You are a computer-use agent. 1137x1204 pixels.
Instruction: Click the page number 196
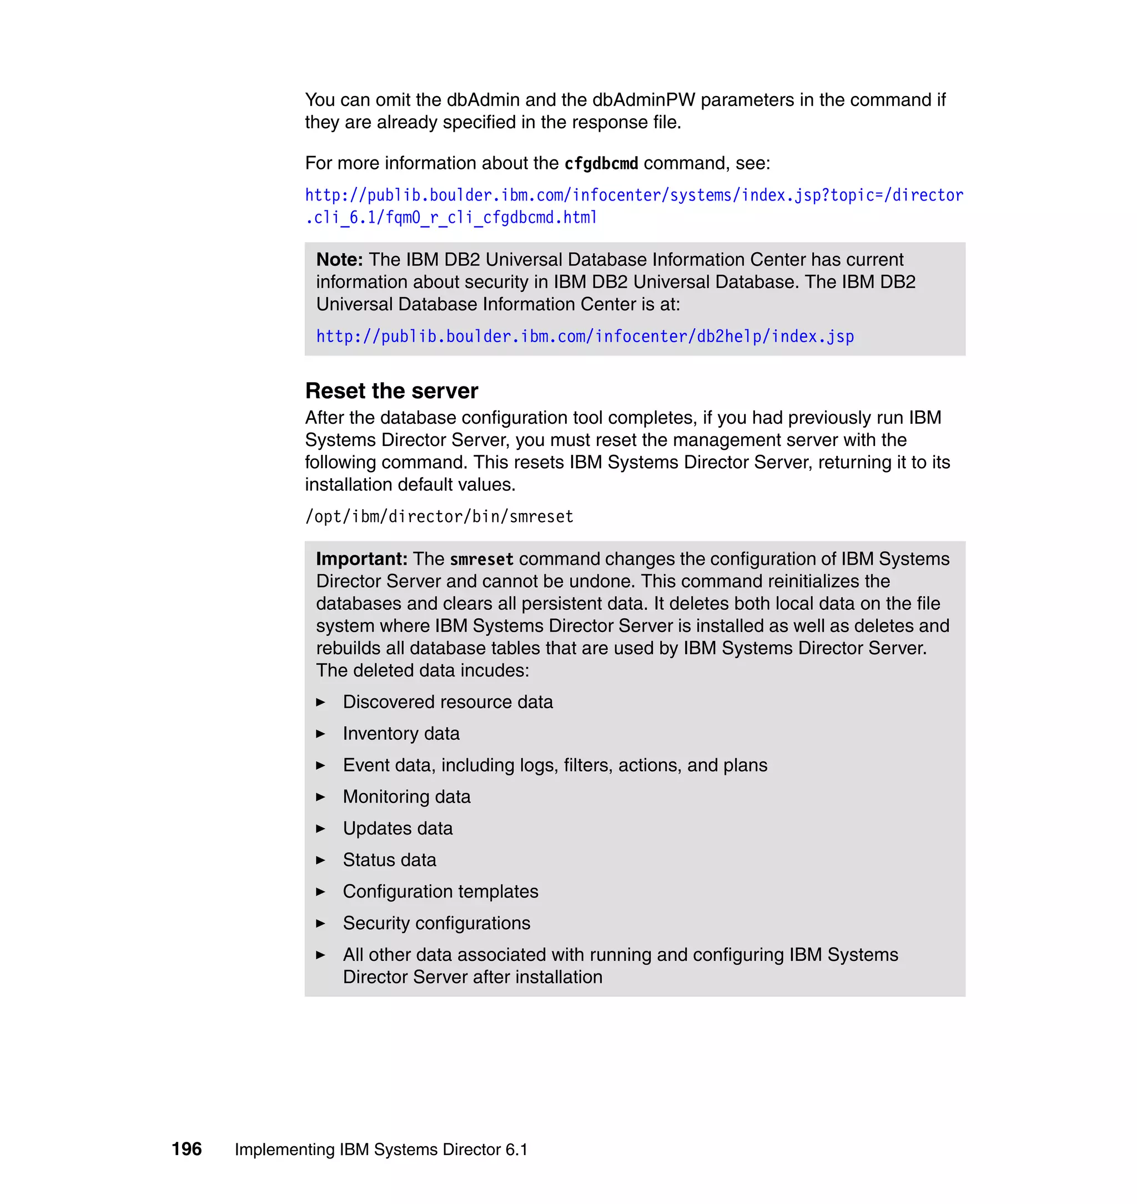click(x=186, y=1149)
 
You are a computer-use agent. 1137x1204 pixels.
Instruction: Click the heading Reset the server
click(x=391, y=391)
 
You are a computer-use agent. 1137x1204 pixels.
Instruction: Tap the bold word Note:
click(x=339, y=259)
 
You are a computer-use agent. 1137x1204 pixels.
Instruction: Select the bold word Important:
click(x=361, y=558)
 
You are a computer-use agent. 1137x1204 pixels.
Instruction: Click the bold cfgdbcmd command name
click(x=601, y=164)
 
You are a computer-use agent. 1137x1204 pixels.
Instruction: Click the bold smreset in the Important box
click(x=482, y=559)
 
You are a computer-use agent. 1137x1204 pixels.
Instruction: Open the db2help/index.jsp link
click(x=585, y=337)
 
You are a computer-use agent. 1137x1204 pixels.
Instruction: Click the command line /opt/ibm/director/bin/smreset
click(x=439, y=516)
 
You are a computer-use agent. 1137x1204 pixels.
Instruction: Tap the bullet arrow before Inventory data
click(x=321, y=734)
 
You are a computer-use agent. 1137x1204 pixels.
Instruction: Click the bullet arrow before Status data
click(x=321, y=860)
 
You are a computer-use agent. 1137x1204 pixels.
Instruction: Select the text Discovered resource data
click(x=447, y=702)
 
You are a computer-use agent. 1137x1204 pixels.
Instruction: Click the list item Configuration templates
click(x=440, y=891)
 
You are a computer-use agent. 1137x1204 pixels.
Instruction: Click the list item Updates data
click(x=398, y=828)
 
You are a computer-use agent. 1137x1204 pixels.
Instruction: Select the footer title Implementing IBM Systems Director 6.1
click(x=381, y=1150)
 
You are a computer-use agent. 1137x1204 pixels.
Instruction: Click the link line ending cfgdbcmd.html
click(x=451, y=218)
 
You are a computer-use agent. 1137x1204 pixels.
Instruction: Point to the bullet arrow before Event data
click(x=321, y=765)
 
